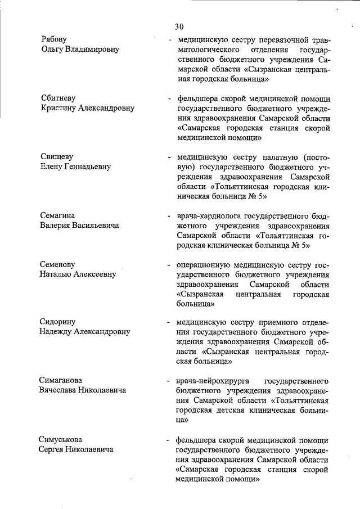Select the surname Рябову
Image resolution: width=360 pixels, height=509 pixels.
coord(55,39)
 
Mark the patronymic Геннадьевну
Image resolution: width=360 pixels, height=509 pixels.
coord(90,166)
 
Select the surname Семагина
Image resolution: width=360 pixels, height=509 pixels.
coord(58,215)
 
